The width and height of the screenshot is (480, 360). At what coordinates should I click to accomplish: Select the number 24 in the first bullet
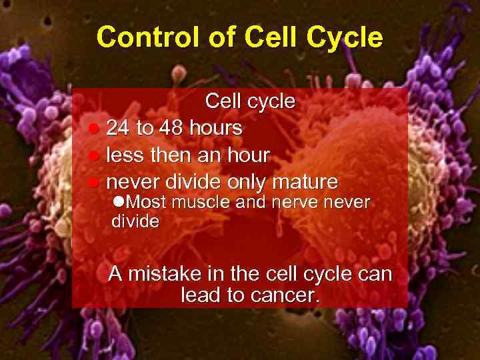[x=119, y=127]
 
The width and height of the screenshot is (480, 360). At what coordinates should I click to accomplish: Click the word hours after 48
[x=216, y=127]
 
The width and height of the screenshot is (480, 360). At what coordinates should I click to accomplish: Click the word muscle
[x=197, y=201]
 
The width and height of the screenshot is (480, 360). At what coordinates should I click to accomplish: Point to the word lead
[x=201, y=295]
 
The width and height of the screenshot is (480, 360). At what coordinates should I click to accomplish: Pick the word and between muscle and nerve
[x=251, y=201]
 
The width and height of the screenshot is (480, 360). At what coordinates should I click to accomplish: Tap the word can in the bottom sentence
[x=374, y=274]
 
